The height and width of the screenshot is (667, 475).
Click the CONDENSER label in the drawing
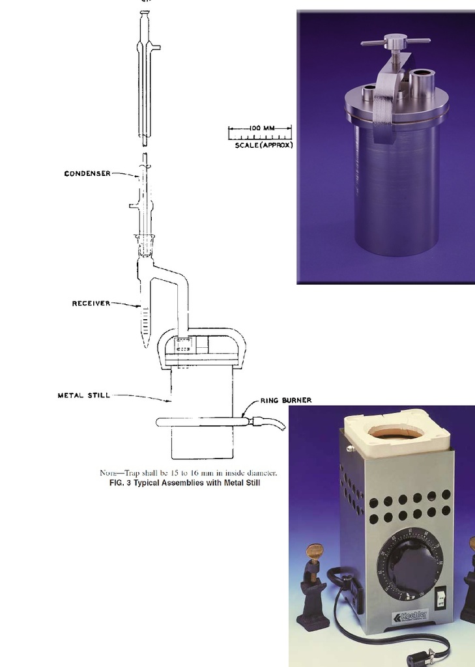coord(87,174)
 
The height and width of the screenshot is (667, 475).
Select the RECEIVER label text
coord(91,304)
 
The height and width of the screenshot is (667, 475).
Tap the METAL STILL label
coord(83,395)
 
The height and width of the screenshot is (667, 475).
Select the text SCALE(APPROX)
coord(263,145)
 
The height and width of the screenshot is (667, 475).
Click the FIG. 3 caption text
coord(184,483)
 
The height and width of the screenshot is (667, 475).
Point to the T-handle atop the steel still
coord(396,41)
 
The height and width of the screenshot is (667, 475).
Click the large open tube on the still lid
coord(422,81)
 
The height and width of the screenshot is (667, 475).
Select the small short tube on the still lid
coord(369,92)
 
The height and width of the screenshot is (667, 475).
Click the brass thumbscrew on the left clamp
coord(315,552)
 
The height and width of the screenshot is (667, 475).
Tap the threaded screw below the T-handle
coord(396,59)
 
